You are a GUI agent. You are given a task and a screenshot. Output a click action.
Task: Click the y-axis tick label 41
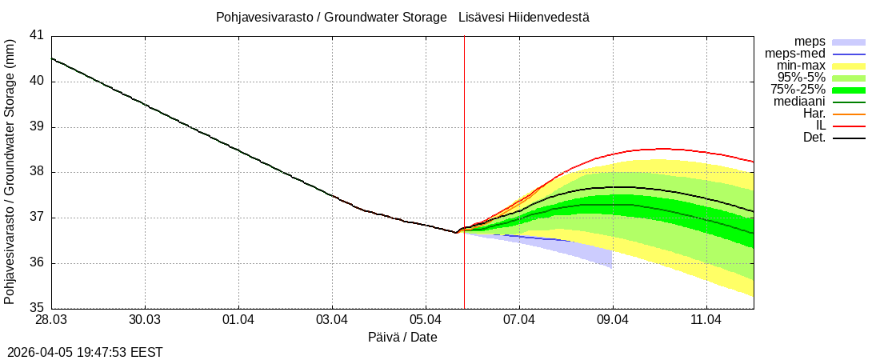coord(37,36)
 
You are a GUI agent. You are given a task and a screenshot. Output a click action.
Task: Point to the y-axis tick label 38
coord(37,172)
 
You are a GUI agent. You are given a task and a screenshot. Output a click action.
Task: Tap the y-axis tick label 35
coord(37,308)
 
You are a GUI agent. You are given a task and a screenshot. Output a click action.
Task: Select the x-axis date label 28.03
coord(51,321)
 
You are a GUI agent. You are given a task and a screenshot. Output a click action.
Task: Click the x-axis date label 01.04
coord(238,321)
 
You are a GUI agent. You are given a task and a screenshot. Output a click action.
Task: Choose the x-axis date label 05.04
coord(426,321)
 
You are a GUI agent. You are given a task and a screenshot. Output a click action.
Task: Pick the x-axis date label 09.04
coord(613,321)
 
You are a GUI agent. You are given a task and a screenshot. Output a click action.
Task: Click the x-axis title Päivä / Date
coord(402,338)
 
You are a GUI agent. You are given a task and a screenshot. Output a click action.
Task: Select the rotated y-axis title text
coord(10,172)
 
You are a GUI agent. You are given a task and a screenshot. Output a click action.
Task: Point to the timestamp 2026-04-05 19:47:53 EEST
coord(85,352)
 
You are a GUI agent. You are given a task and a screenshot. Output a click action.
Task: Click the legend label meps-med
coord(795,54)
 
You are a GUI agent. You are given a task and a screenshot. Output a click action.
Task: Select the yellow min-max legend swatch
coord(849,66)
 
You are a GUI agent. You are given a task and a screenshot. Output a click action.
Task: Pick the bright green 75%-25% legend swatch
coord(849,90)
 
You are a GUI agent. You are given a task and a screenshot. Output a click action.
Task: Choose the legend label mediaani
coord(799,102)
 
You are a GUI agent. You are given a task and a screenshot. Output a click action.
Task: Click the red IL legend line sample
coord(849,126)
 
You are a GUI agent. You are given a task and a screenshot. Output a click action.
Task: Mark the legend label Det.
coord(814,138)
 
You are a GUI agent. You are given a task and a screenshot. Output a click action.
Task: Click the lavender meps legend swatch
coord(849,42)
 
